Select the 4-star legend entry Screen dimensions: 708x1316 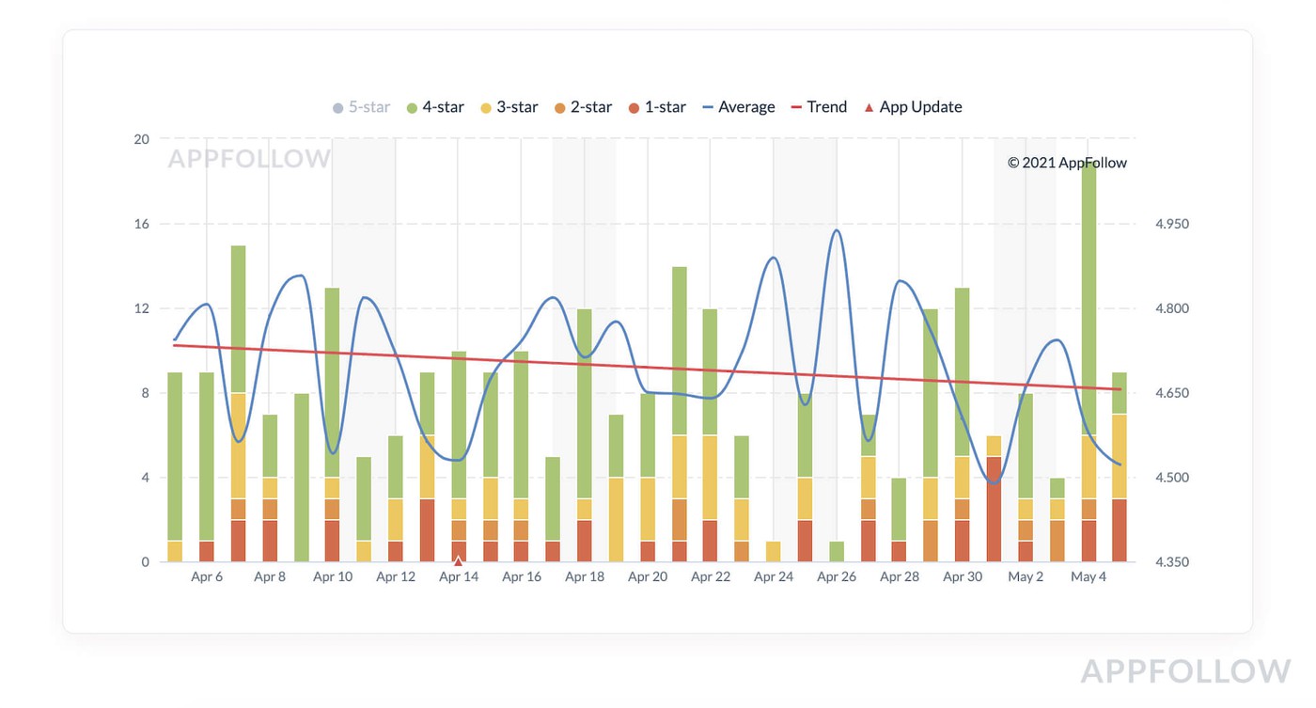(x=435, y=107)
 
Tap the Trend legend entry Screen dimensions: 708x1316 (x=819, y=107)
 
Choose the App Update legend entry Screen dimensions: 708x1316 (x=913, y=107)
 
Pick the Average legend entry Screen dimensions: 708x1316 (x=739, y=107)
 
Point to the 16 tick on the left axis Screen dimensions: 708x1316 (x=141, y=224)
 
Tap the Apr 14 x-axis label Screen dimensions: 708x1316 (x=459, y=577)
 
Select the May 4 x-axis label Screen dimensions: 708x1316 (x=1089, y=577)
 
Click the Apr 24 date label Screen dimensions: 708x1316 (x=774, y=577)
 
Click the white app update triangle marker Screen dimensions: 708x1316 (x=459, y=561)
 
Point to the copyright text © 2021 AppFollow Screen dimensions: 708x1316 (x=1067, y=163)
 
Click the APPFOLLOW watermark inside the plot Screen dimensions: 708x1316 (x=249, y=159)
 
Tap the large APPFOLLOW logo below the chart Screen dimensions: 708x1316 (x=1185, y=671)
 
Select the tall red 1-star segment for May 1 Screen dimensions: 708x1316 (x=994, y=509)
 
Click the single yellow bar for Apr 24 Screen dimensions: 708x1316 (x=774, y=552)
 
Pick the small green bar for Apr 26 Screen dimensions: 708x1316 (x=837, y=552)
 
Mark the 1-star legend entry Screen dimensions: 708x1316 (x=657, y=107)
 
